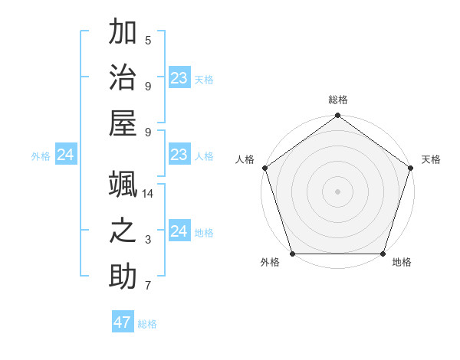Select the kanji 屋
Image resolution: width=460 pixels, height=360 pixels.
point(123,123)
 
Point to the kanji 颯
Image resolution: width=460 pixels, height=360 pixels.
point(123,184)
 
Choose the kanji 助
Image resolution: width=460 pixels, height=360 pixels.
point(123,277)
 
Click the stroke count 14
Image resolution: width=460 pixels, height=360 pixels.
point(148,194)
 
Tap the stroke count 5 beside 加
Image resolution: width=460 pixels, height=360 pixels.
point(148,41)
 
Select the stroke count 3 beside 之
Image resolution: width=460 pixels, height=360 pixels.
point(148,240)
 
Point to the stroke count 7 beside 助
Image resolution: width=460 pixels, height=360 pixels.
point(148,286)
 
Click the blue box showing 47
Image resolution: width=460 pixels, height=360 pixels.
point(123,322)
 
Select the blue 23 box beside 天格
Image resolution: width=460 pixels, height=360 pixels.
point(179,78)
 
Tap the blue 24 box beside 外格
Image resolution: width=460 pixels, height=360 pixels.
point(66,155)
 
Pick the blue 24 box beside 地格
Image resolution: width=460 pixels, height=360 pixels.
point(179,232)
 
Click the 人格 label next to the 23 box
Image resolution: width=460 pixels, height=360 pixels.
point(204,156)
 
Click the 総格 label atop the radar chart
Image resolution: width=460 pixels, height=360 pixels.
point(338,100)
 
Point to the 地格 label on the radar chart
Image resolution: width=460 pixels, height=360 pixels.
point(402,263)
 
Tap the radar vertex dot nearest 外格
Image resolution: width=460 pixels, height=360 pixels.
point(292,254)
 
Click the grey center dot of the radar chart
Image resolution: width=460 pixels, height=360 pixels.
point(337,191)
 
